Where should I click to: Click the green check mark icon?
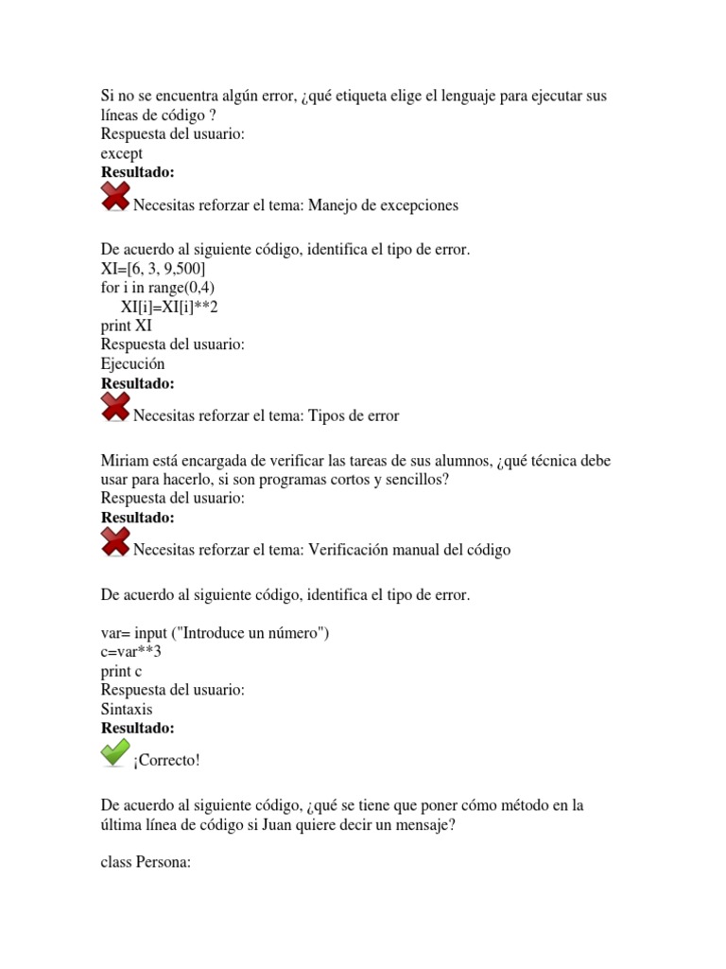click(x=115, y=753)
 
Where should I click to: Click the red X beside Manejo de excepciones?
click(x=115, y=198)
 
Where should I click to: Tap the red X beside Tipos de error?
click(x=115, y=408)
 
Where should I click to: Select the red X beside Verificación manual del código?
click(x=115, y=542)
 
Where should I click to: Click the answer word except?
click(x=122, y=153)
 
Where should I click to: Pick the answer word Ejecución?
click(x=132, y=363)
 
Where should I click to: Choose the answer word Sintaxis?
click(x=127, y=709)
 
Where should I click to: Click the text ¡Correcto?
click(x=167, y=760)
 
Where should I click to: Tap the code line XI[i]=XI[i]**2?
click(x=175, y=307)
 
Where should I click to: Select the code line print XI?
click(x=126, y=326)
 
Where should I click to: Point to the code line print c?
click(x=122, y=671)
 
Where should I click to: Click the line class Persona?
click(x=147, y=862)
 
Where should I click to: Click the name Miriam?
click(x=126, y=460)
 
